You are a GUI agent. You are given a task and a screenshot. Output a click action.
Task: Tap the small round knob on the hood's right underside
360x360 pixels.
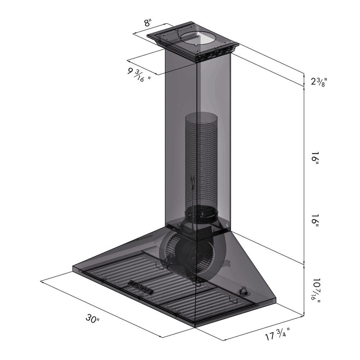click(244, 292)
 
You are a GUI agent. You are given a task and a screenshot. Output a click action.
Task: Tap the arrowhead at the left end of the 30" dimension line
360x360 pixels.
click(42, 281)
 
